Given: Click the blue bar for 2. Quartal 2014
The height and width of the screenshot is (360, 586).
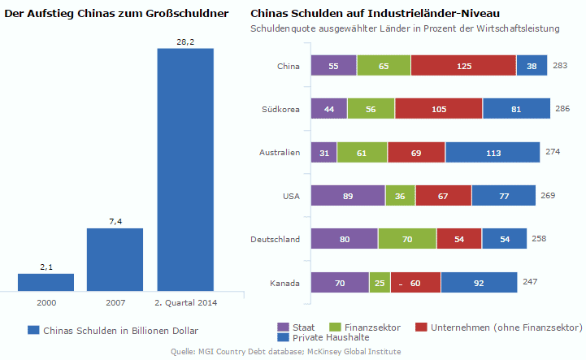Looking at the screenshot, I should click(x=185, y=169).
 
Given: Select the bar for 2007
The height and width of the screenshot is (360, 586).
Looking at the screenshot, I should click(x=115, y=258).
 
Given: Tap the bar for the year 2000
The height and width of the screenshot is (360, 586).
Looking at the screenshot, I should click(x=46, y=282).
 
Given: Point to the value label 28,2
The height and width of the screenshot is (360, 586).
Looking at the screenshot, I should click(x=185, y=41).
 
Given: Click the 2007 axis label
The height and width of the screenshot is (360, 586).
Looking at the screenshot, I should click(x=115, y=303).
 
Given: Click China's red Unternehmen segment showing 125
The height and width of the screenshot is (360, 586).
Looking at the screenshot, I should click(x=463, y=66).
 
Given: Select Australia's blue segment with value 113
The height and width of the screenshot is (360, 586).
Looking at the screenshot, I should click(x=492, y=152).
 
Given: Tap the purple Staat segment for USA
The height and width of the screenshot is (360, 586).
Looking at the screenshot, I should click(x=347, y=195).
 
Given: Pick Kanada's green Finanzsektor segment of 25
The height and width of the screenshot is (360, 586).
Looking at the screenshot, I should click(x=380, y=283).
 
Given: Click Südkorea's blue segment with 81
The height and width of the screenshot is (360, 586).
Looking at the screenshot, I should click(x=517, y=109).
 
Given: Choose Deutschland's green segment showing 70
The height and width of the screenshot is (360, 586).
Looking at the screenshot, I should click(x=406, y=239).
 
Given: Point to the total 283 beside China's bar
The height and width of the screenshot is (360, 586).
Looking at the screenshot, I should click(x=560, y=66).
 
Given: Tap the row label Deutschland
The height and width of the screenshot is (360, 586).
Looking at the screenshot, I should click(x=276, y=239).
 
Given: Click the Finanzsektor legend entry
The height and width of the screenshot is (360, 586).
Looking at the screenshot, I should click(x=366, y=327).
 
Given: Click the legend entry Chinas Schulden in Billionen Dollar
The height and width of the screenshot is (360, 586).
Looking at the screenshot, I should click(x=114, y=330).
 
